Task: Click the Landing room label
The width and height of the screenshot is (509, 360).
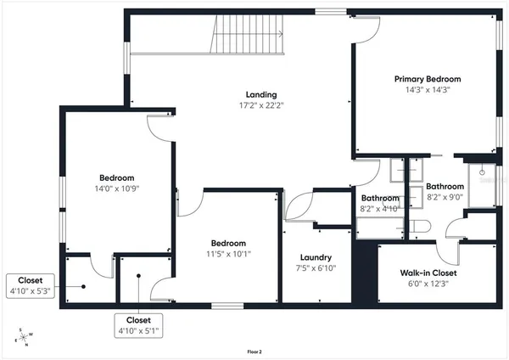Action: [x=261, y=94]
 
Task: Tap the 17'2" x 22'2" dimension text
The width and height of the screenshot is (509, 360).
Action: [x=261, y=105]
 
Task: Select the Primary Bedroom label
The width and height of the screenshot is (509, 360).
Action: [x=422, y=78]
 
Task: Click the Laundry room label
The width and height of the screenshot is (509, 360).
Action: [x=316, y=257]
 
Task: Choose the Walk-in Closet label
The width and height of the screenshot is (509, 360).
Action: [x=428, y=273]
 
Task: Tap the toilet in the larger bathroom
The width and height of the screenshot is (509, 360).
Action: [x=422, y=226]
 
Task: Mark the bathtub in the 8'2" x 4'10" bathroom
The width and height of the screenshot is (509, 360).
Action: [x=379, y=227]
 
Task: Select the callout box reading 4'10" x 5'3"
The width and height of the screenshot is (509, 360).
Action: [x=31, y=285]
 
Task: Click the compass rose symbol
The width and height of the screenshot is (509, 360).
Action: [x=25, y=336]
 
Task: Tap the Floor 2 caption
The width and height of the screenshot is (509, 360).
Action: [x=254, y=352]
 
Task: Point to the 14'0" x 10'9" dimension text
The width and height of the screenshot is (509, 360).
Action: [x=117, y=188]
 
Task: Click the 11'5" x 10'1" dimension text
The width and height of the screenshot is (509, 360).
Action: [x=228, y=252]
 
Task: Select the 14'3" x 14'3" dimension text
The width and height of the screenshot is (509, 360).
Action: [x=422, y=89]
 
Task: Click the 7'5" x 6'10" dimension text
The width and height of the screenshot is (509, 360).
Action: [x=316, y=268]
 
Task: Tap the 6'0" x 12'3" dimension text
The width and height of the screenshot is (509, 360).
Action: [x=428, y=284]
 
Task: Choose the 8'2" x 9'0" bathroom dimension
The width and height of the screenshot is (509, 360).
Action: [x=445, y=197]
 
